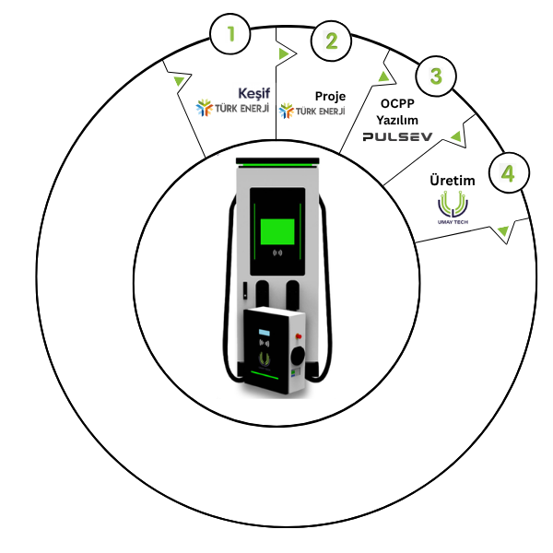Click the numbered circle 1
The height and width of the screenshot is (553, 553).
[x=230, y=34]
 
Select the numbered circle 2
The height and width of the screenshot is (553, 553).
[x=331, y=41]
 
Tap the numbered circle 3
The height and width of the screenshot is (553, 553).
[x=436, y=76]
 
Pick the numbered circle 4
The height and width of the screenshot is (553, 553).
[x=510, y=172]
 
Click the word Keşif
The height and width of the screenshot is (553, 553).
[x=254, y=93]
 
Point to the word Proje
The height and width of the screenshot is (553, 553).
[x=330, y=96]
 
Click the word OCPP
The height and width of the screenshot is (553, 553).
[x=397, y=103]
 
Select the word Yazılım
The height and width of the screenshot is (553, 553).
[x=397, y=120]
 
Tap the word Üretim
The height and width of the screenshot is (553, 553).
[x=453, y=181]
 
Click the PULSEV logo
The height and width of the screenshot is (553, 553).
[x=397, y=136]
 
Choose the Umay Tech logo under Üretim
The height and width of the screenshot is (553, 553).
[x=453, y=207]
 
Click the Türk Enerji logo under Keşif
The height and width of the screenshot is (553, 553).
[x=232, y=108]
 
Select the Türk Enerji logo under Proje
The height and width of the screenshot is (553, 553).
[x=312, y=111]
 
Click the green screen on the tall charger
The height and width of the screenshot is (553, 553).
[x=277, y=231]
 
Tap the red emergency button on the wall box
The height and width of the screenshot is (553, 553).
[x=299, y=336]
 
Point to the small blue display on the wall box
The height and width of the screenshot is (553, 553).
[x=265, y=333]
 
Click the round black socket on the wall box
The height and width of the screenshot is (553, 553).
[x=298, y=356]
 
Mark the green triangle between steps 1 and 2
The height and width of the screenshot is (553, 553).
[x=283, y=53]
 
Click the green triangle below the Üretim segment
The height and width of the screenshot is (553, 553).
[x=503, y=231]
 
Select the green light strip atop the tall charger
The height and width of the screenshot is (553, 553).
[x=277, y=165]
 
